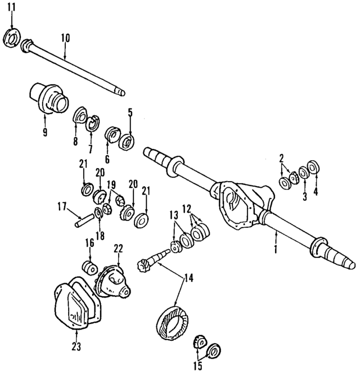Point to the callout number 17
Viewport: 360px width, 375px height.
click(x=62, y=206)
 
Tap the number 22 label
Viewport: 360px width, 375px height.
click(x=118, y=248)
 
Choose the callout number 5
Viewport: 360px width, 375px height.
click(x=130, y=112)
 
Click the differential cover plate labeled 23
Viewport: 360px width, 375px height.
click(x=76, y=304)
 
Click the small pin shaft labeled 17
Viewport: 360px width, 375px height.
click(x=83, y=220)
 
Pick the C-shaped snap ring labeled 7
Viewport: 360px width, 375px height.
click(x=93, y=123)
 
